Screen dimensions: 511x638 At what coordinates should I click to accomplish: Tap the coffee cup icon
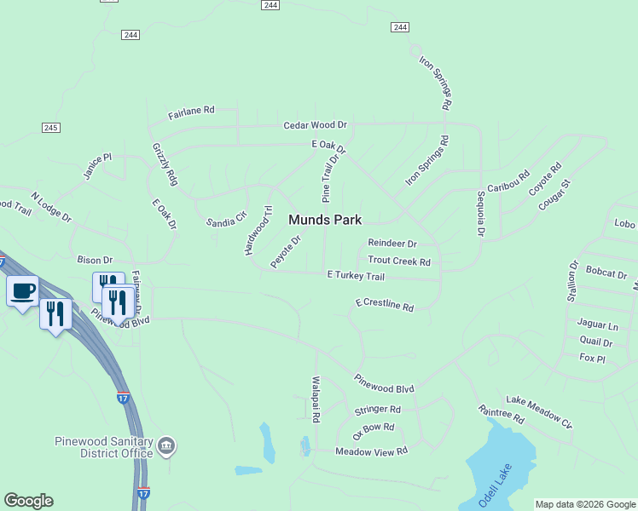[x=23, y=290]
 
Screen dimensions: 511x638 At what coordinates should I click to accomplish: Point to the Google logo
[x=28, y=501]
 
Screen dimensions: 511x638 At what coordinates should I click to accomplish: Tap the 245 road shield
[x=49, y=128]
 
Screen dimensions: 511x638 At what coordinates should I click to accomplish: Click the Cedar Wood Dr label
[x=316, y=125]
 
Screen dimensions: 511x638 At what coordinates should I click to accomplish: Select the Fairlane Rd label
[x=191, y=111]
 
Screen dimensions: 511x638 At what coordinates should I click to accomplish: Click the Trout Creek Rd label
[x=398, y=261]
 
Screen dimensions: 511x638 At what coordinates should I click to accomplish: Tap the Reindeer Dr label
[x=391, y=244]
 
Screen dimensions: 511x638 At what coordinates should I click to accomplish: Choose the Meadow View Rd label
[x=372, y=451]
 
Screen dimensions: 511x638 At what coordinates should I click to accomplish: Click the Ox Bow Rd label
[x=374, y=428]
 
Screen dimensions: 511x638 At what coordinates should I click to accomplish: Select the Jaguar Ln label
[x=597, y=324]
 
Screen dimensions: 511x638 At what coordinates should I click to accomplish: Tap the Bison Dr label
[x=95, y=259]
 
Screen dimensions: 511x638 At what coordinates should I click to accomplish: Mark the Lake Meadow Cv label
[x=539, y=411]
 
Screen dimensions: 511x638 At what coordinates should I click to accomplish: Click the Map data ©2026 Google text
[x=585, y=504]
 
